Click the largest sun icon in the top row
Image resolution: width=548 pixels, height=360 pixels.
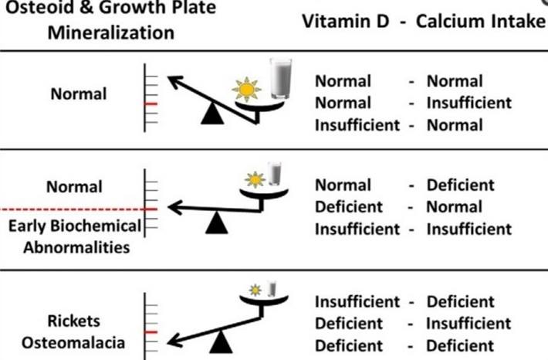(x=246, y=90)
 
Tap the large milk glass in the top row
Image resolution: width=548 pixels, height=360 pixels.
(x=281, y=79)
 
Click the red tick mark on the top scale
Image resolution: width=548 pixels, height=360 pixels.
(x=151, y=104)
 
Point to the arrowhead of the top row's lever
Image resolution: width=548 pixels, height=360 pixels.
(x=174, y=81)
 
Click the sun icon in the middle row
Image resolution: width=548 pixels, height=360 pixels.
(x=255, y=180)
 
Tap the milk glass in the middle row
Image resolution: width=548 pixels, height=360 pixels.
(x=274, y=174)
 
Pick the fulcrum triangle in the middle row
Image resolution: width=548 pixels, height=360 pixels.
(x=217, y=222)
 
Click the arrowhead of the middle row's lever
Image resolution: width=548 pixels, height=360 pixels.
(x=174, y=208)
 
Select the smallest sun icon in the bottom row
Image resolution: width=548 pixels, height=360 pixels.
(x=255, y=290)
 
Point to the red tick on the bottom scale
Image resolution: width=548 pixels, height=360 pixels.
(x=151, y=332)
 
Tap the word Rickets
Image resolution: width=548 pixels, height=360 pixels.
(x=74, y=321)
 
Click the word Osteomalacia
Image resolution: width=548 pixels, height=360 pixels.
(x=73, y=342)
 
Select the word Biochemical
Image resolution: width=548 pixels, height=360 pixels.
(x=96, y=226)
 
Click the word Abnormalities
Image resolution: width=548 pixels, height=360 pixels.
(x=76, y=248)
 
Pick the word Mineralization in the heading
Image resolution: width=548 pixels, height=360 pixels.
(x=111, y=33)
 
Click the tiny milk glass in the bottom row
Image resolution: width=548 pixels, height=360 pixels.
(x=272, y=289)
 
